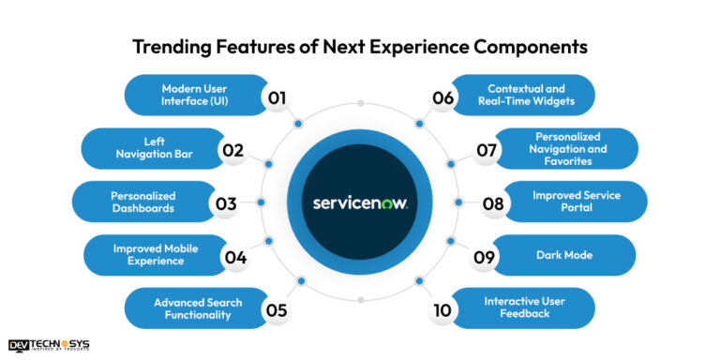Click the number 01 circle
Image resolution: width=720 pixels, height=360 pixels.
pos(277,96)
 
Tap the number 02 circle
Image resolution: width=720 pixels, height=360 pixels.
pos(234,149)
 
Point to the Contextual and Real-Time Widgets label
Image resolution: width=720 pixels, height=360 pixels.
pos(530,95)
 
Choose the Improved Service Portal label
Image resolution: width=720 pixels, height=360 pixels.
pos(577,202)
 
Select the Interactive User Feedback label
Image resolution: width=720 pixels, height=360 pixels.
pos(529,308)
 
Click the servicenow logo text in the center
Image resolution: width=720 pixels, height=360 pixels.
pos(360,202)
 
